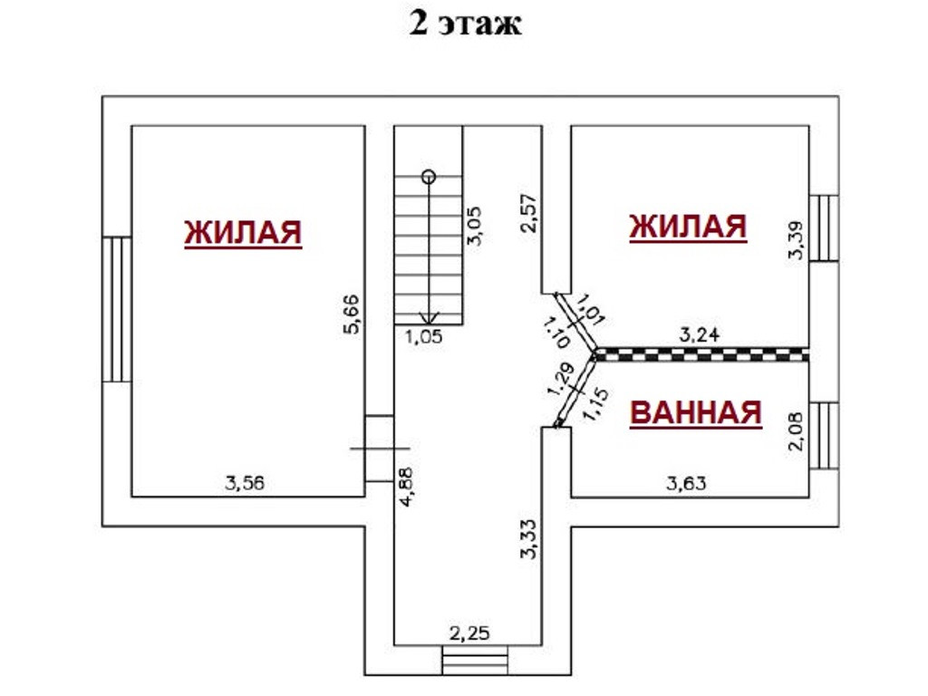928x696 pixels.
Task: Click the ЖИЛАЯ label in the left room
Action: pos(243,232)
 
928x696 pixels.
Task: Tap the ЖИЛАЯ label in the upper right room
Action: pos(688,227)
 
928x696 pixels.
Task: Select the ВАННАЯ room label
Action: pos(695,413)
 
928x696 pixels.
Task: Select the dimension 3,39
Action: pos(797,240)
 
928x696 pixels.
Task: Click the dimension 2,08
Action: pos(797,432)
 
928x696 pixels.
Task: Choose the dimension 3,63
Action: pos(687,483)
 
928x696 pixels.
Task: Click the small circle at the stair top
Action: pos(429,177)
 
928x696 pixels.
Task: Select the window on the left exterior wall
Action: pos(117,308)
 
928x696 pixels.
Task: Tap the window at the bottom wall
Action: pos(470,660)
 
